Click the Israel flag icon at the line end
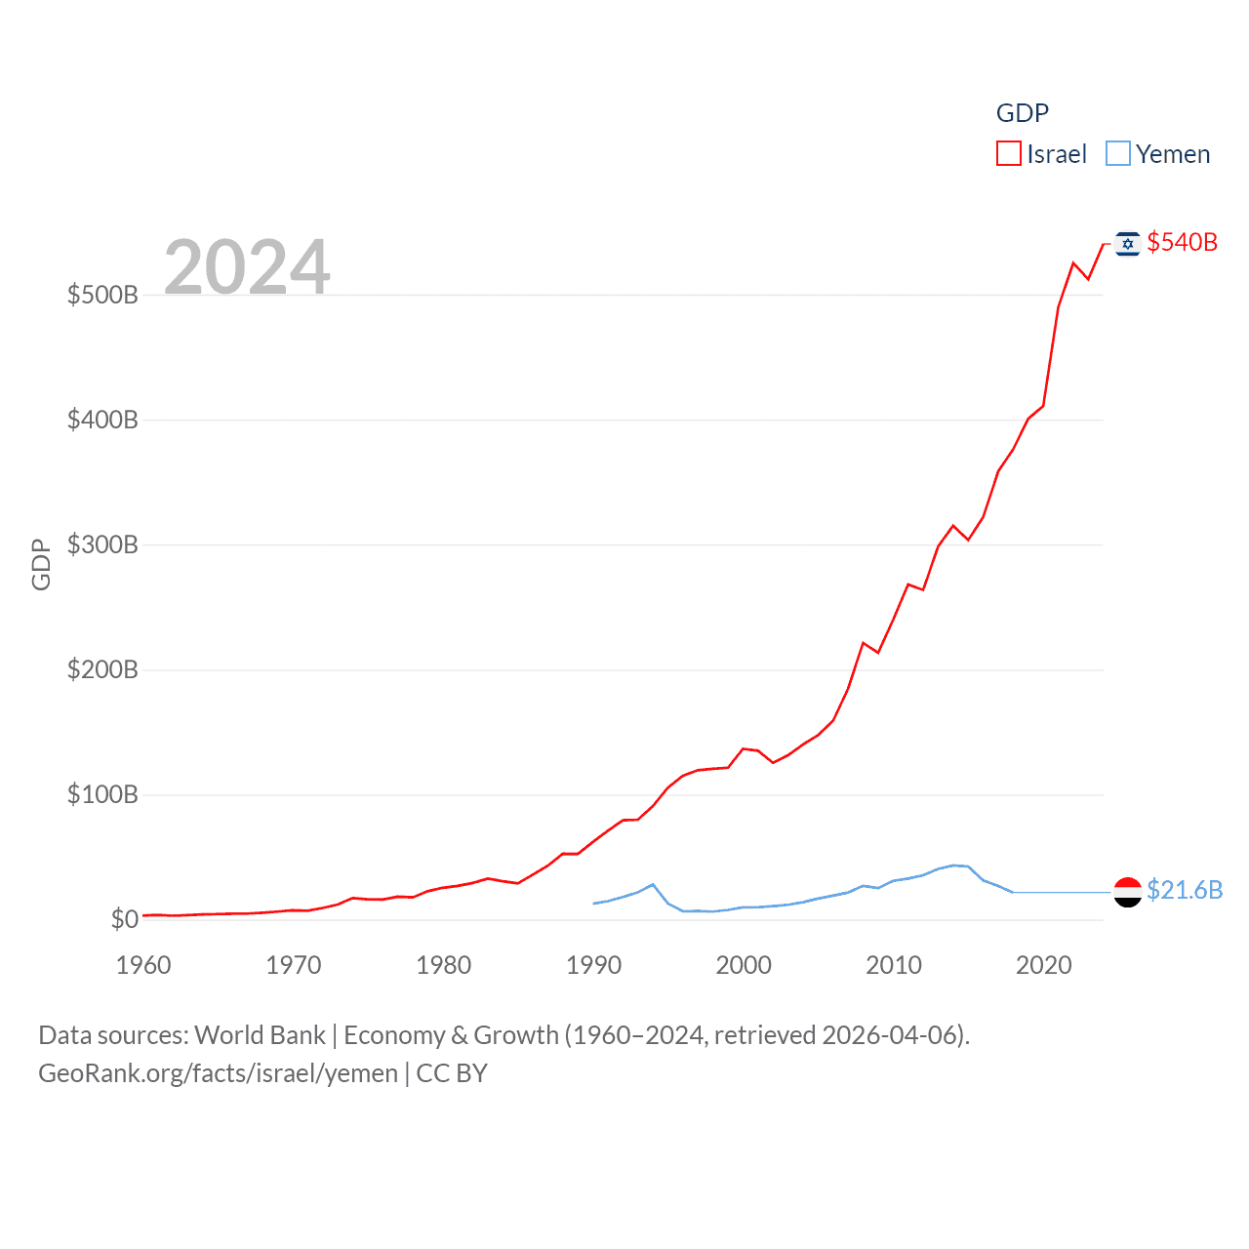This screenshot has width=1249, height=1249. coord(1128,244)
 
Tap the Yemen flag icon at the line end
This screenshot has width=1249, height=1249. coord(1128,892)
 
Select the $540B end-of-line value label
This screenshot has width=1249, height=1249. coord(1182,242)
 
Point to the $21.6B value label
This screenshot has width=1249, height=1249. coord(1185,890)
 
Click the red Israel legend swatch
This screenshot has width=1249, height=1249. coord(1008,154)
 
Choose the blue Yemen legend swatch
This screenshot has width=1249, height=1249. coord(1118,154)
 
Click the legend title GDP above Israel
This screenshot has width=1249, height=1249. coord(1022,113)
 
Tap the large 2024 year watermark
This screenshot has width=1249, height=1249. coord(247,266)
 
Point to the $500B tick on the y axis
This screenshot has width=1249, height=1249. coord(102,295)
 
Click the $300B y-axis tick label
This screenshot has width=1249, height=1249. coord(102,544)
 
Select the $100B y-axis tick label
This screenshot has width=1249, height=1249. coord(102,794)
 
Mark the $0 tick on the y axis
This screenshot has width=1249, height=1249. coord(124,919)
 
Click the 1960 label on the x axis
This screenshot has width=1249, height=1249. coord(143,965)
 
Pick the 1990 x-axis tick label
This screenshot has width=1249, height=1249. coord(593,965)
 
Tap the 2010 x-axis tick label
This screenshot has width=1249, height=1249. coord(894,965)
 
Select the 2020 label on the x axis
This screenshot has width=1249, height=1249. coord(1044,965)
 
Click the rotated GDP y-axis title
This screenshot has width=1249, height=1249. coord(41,564)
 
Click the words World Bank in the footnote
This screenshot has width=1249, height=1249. coord(260,1035)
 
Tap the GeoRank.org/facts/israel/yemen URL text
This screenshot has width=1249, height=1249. coord(218,1073)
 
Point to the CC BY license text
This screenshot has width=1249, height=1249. coord(452,1073)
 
